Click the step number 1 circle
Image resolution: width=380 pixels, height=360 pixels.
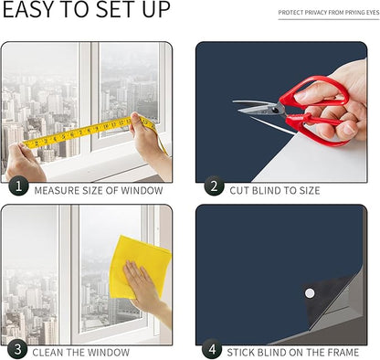tap(18, 185)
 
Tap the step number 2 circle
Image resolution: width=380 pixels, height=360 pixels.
tap(214, 185)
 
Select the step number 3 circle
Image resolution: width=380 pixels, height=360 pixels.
tap(17, 349)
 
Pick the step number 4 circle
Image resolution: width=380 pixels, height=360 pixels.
tap(212, 349)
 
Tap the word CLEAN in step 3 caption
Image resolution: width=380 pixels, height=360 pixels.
tap(47, 353)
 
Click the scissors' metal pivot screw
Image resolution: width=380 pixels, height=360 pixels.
tap(276, 109)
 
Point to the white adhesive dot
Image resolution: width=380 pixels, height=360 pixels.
tap(310, 293)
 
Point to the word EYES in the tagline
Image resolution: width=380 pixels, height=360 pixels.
tap(373, 13)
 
